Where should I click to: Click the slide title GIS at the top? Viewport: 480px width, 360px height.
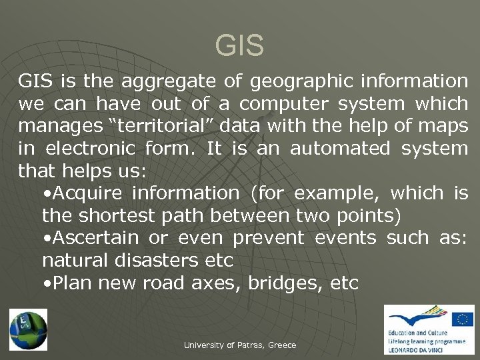[x=239, y=47]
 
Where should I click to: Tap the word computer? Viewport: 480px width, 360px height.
[x=282, y=104]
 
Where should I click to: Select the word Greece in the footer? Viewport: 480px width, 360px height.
[x=282, y=345]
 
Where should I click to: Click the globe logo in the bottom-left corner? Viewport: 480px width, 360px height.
[x=28, y=329]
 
